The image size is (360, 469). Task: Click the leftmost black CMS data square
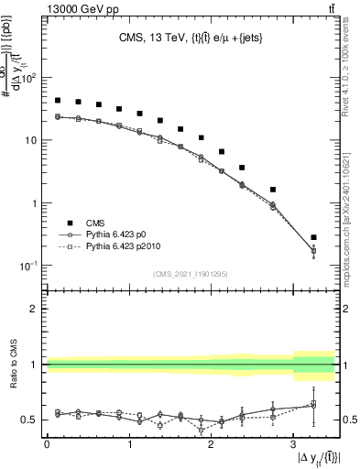[58, 101]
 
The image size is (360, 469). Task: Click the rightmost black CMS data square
[314, 237]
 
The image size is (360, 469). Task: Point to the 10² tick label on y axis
[28, 78]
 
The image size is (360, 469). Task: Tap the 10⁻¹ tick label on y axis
[28, 266]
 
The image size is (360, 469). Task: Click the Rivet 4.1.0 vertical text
[349, 73]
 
